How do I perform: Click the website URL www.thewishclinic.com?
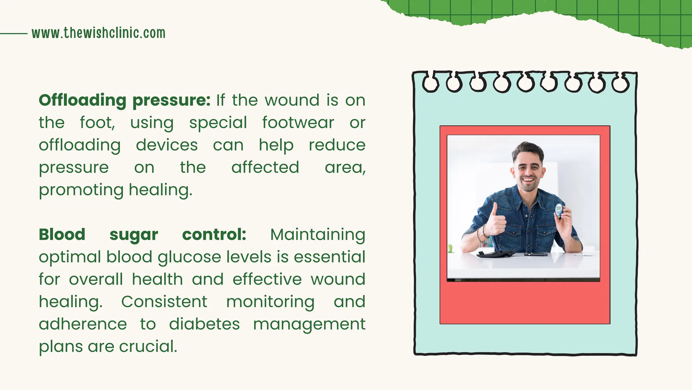point(98,33)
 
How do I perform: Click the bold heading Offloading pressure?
point(124,100)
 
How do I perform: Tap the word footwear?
point(298,122)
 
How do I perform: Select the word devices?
point(167,145)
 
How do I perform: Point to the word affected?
point(265,167)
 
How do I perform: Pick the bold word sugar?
point(134,235)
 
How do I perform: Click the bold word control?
point(214,234)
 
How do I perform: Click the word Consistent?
point(164,302)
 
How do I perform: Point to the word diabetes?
point(204,324)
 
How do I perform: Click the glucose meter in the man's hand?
point(559,210)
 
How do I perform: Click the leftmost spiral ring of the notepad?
point(431,83)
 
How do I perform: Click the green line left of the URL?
point(14,34)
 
